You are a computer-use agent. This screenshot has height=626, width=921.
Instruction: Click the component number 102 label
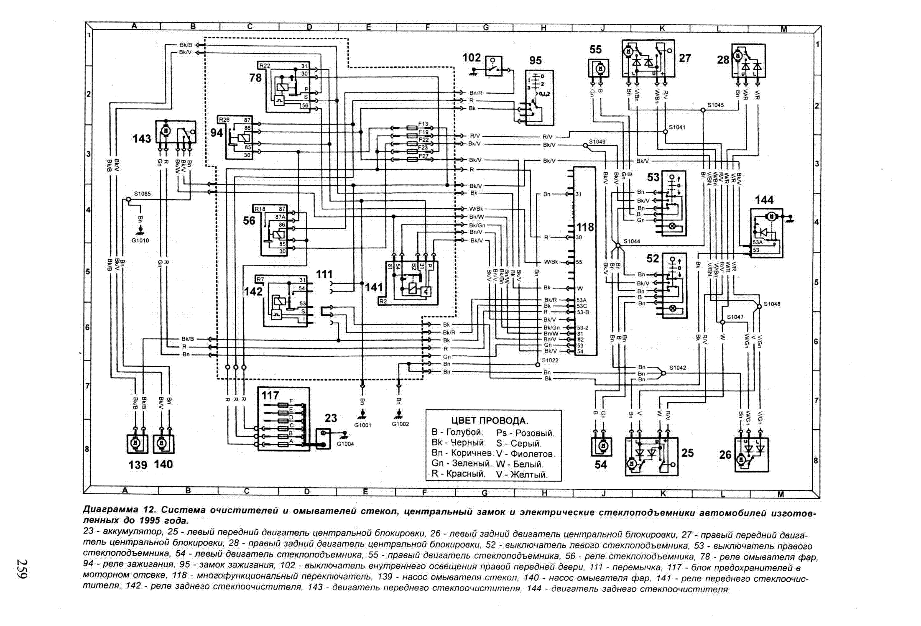click(x=472, y=58)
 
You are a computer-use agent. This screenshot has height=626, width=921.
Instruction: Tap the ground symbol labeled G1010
click(x=140, y=230)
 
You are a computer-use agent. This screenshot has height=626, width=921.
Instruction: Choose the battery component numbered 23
click(x=323, y=438)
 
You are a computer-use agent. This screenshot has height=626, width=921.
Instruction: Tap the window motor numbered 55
click(x=599, y=68)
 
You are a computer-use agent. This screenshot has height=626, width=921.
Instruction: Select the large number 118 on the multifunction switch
click(x=585, y=227)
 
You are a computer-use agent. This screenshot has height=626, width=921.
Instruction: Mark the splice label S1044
click(x=632, y=241)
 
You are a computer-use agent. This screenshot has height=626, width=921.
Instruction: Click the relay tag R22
click(x=265, y=66)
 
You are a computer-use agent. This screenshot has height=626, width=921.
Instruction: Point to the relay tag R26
click(x=225, y=120)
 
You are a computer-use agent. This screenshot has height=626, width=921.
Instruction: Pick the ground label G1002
click(x=400, y=424)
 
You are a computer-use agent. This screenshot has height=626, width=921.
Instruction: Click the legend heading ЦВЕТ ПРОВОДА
click(x=490, y=421)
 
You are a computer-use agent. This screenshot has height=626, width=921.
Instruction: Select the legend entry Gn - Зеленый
click(x=462, y=463)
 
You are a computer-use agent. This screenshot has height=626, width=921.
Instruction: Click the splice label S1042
click(x=678, y=368)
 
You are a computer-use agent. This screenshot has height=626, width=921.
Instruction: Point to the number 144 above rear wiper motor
click(x=764, y=200)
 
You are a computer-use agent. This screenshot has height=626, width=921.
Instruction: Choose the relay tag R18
click(x=260, y=209)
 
